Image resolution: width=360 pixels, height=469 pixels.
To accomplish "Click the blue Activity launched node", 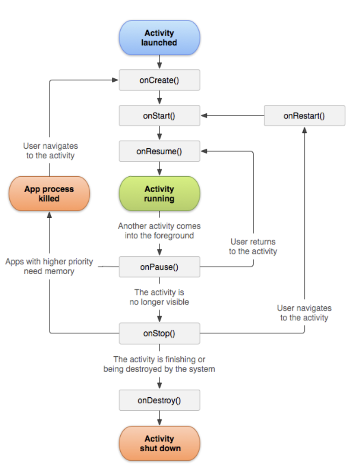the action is tap(159, 38).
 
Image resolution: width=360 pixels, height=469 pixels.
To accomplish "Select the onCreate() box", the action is tap(159, 80).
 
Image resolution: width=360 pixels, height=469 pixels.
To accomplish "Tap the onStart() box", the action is tap(159, 116).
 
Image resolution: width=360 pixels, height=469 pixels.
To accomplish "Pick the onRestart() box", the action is tap(305, 116).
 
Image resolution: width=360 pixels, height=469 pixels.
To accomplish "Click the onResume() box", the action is tap(159, 152).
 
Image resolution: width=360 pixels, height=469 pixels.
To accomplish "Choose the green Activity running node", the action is tap(159, 193).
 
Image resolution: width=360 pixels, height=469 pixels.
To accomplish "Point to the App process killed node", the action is tap(49, 193).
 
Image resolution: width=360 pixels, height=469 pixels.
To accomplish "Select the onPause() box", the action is tap(159, 267).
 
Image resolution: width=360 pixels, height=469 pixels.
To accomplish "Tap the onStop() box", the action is tap(159, 333).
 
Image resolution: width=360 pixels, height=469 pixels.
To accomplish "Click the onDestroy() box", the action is tap(159, 400).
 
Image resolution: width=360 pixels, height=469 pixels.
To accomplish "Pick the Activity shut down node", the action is tap(159, 443).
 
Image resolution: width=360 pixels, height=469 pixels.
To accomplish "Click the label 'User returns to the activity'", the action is tap(253, 247).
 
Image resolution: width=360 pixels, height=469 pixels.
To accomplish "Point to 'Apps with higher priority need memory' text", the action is tap(49, 266).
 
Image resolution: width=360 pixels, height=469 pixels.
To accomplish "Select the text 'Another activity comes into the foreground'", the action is tap(159, 231).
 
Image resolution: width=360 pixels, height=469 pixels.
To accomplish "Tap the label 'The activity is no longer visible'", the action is tap(159, 297).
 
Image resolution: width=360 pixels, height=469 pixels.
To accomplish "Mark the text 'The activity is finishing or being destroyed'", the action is tap(159, 364).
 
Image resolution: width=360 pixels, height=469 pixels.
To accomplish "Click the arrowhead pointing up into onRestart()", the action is tap(305, 130).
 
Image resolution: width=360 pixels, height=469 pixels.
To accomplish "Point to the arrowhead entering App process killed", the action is tap(49, 215).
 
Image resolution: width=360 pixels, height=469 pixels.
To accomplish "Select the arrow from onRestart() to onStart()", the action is tap(232, 116).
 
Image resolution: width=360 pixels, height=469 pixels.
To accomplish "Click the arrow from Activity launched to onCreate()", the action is tap(159, 62).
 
